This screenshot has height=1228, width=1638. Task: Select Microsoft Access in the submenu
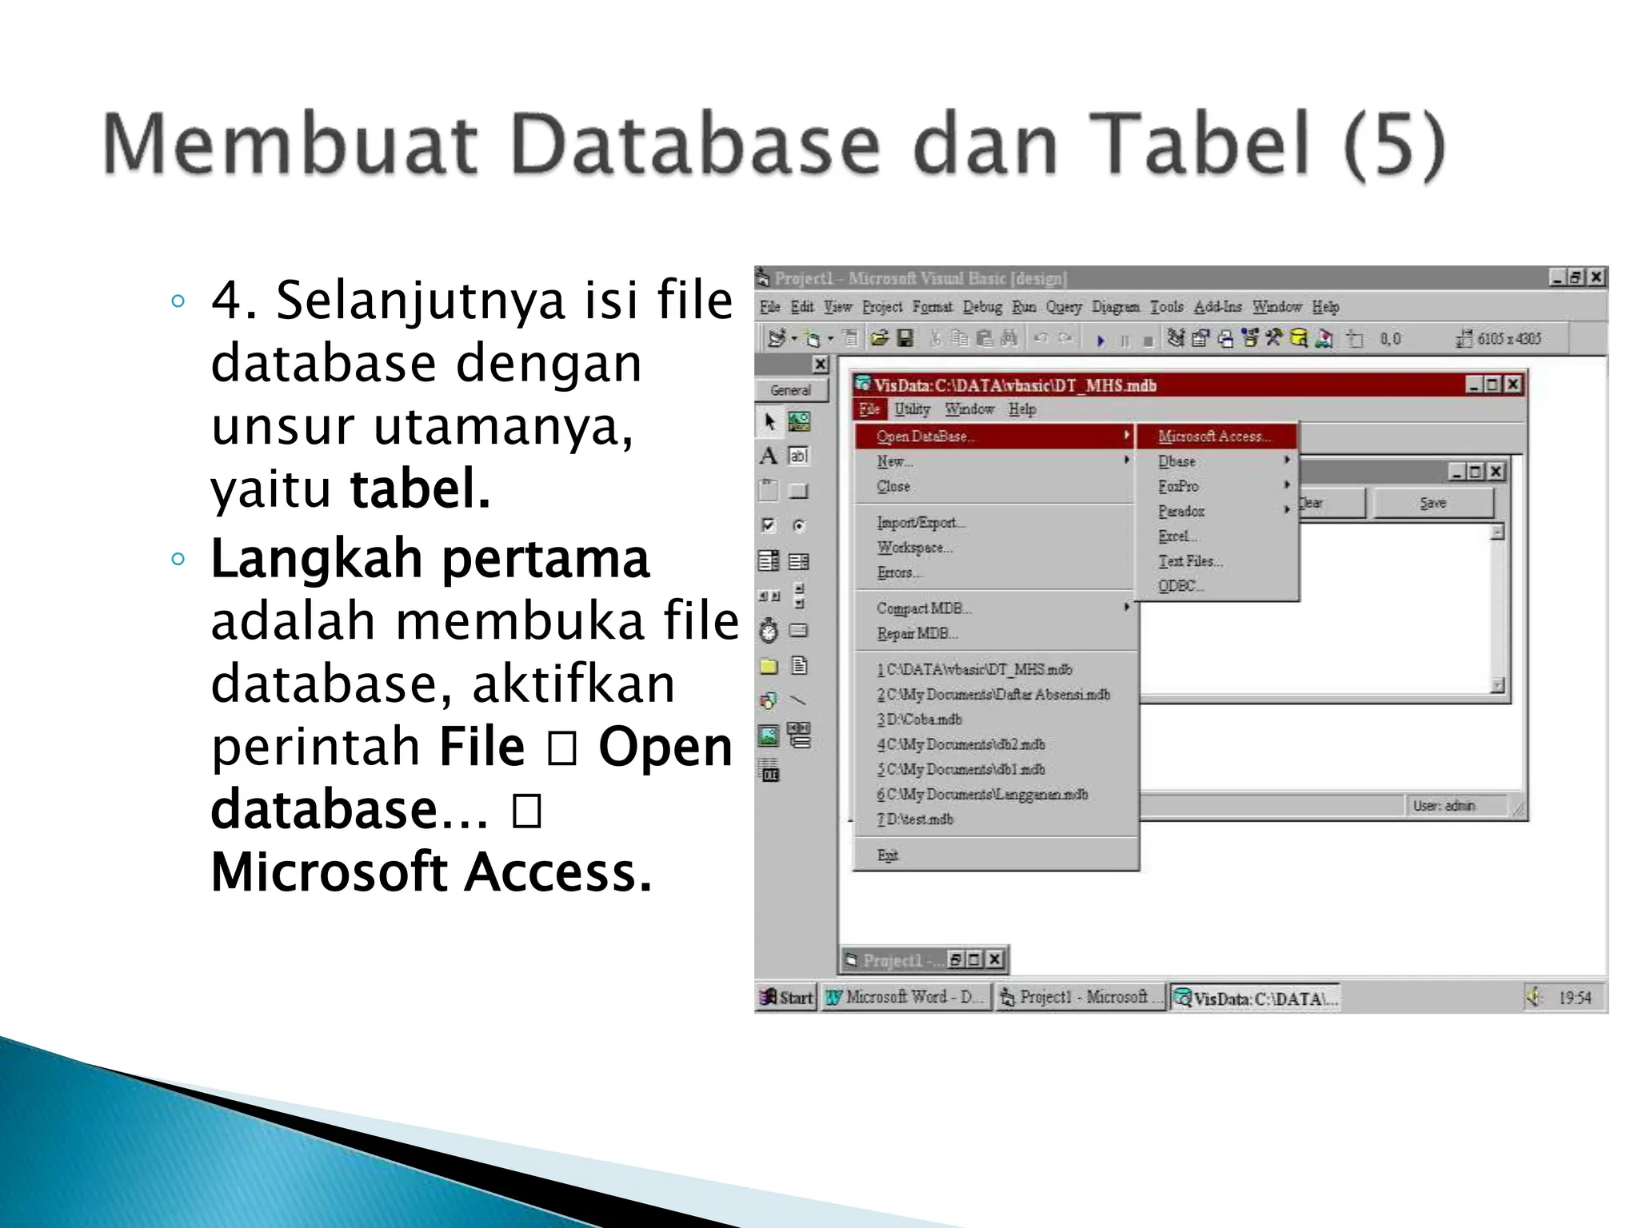(x=1213, y=437)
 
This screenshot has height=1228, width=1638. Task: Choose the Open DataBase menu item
(x=926, y=437)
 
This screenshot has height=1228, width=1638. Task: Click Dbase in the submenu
(x=1177, y=461)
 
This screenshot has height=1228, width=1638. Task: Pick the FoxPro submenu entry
(x=1178, y=486)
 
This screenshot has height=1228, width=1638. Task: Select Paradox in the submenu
(x=1181, y=511)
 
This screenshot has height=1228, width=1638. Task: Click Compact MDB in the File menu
(x=924, y=608)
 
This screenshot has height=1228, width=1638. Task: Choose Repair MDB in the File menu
(x=917, y=633)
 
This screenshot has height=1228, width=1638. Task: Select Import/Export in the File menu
(x=921, y=523)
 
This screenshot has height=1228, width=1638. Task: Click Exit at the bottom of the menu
(x=888, y=855)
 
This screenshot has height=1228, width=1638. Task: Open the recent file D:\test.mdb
(x=916, y=819)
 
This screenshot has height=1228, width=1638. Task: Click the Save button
(x=1432, y=504)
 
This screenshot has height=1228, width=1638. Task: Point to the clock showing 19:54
(x=1574, y=998)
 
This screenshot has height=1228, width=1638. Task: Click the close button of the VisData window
(x=1513, y=385)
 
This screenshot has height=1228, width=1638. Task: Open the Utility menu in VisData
(x=912, y=409)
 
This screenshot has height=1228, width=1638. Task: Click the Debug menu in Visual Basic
(x=982, y=307)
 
